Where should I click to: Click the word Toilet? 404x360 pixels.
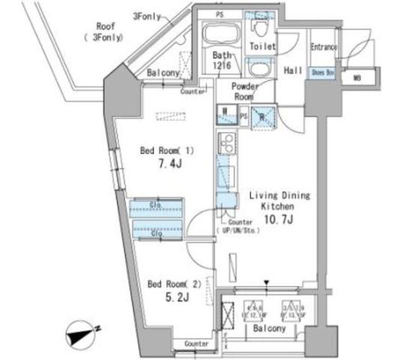263,46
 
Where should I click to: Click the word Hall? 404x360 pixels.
293,70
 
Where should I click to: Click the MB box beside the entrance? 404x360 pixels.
356,76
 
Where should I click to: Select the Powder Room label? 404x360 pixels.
244,91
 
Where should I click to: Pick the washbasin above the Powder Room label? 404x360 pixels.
259,69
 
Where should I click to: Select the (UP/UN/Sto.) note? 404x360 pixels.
237,230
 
